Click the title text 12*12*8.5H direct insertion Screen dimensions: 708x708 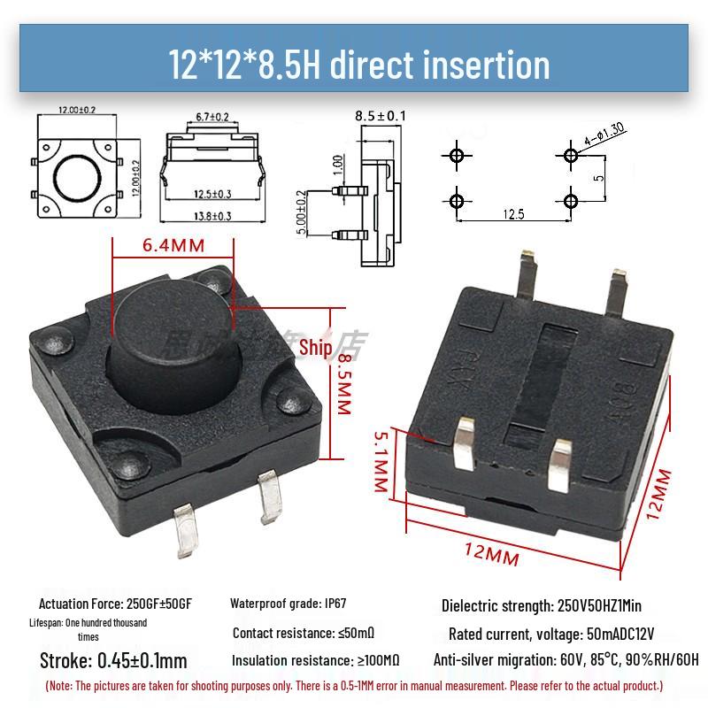pyautogui.click(x=359, y=64)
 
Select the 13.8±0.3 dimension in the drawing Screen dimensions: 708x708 pyautogui.click(x=212, y=216)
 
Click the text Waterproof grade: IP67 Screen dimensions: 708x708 pyautogui.click(x=289, y=604)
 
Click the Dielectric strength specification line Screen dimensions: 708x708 pyautogui.click(x=541, y=606)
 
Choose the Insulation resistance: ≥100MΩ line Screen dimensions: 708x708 pyautogui.click(x=315, y=660)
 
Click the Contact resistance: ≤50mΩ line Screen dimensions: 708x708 pyautogui.click(x=304, y=633)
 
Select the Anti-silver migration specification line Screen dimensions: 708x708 pyautogui.click(x=566, y=660)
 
